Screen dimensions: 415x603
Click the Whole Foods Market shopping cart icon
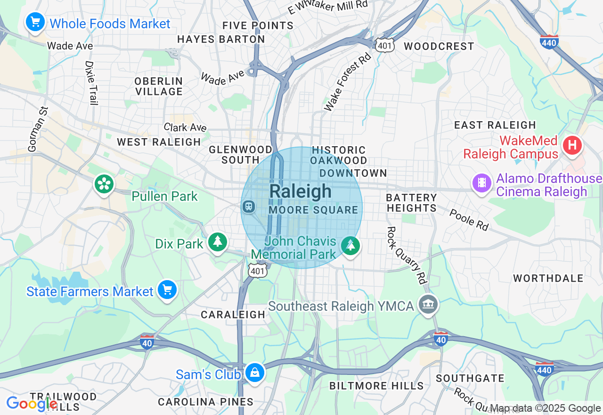tap(35, 22)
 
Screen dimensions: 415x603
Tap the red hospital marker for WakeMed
tap(572, 144)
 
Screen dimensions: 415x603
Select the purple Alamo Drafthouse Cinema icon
tap(481, 182)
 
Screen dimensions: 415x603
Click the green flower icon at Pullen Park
tap(104, 183)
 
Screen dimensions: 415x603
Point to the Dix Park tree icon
tap(217, 242)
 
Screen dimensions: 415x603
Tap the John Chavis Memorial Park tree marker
tap(350, 246)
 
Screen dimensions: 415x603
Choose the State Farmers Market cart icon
tap(167, 290)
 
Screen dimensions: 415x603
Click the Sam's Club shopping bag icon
tap(254, 373)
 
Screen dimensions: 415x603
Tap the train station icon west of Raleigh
tap(248, 206)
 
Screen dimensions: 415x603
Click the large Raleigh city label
tap(301, 191)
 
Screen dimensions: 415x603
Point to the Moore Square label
tap(314, 210)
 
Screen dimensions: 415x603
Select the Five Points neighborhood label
tap(258, 25)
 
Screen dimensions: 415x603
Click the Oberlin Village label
tap(158, 86)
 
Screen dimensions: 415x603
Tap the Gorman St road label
tap(38, 129)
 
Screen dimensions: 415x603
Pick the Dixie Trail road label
tap(91, 83)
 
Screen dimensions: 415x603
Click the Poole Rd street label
tap(469, 220)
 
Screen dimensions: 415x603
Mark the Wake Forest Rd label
tap(348, 82)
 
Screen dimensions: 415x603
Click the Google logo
tap(31, 404)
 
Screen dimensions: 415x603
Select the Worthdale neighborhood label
tap(548, 278)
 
